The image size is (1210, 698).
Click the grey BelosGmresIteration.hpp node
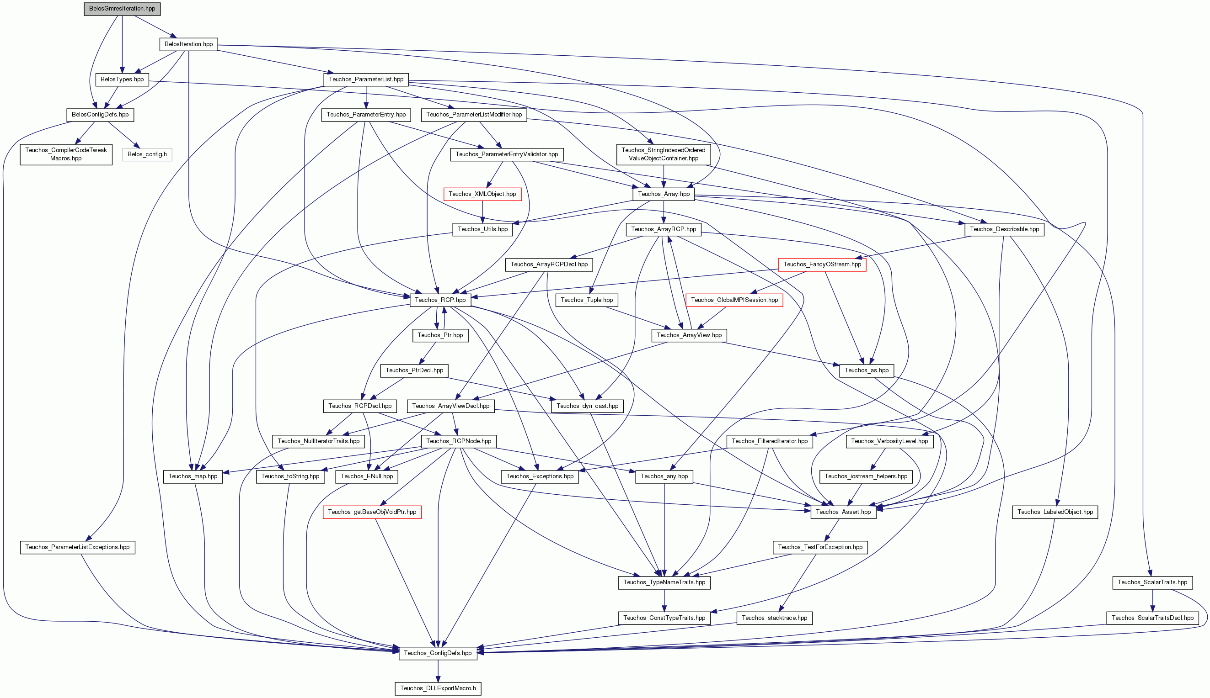123,9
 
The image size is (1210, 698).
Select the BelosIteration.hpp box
188,44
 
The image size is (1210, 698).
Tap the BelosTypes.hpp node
123,79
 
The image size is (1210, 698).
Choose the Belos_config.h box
147,154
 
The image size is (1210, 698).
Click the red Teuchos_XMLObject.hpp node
482,194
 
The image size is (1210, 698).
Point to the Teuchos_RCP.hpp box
440,300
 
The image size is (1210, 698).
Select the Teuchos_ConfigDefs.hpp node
438,653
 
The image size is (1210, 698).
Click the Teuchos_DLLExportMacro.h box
438,688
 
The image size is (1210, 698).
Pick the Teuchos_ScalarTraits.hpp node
1152,582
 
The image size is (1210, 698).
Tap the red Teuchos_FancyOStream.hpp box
822,264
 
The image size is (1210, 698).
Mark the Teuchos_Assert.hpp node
843,512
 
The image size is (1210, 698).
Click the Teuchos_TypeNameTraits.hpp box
664,582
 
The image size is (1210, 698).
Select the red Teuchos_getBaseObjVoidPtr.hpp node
372,512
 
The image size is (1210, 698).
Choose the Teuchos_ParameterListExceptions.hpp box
78,547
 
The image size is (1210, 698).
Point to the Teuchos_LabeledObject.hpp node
1055,512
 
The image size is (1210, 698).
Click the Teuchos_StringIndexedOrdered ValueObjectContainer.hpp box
664,154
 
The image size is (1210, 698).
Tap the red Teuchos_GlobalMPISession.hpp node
734,300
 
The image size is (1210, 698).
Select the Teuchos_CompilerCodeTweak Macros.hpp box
66,154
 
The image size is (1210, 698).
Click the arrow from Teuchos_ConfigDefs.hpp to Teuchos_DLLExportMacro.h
438,671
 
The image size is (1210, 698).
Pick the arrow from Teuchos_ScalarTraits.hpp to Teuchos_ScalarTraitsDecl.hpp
1152,600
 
